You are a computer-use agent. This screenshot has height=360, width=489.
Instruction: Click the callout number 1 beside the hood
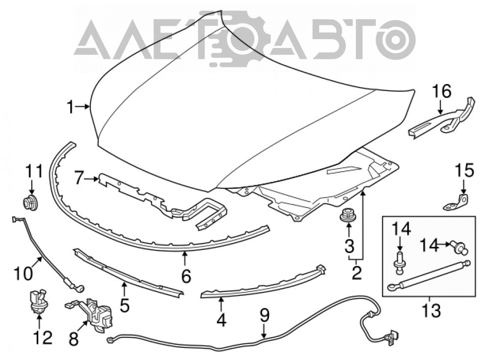(71, 108)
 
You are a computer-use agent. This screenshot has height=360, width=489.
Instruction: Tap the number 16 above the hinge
(442, 92)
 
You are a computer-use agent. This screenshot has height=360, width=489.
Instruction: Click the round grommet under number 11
(30, 203)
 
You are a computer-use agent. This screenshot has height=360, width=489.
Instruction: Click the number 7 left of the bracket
(80, 179)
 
